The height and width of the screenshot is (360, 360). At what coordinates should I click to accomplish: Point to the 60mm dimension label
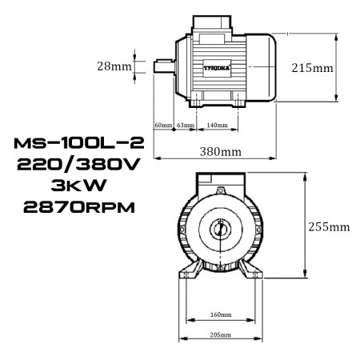click(x=162, y=126)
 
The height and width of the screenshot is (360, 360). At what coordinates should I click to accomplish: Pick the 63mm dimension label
click(x=186, y=126)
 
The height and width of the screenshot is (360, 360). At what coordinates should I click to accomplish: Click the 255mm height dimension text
click(x=329, y=226)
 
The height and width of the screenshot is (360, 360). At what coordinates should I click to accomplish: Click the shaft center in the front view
click(x=219, y=230)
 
